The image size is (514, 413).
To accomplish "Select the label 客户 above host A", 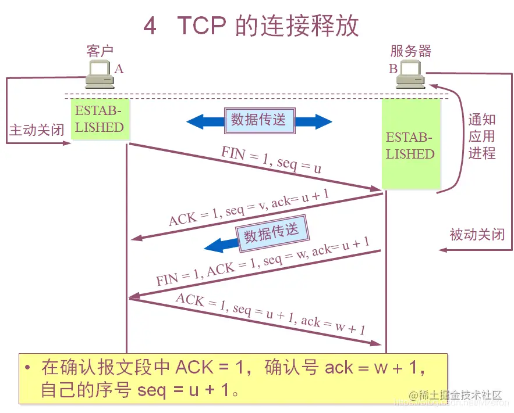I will (x=100, y=51).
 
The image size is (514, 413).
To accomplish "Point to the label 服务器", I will (x=411, y=51).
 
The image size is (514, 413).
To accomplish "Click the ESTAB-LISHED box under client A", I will (x=100, y=120).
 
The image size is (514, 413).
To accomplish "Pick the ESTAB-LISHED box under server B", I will (x=410, y=146).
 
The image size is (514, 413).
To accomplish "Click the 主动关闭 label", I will (x=36, y=130).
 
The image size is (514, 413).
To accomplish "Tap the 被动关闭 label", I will (x=477, y=235).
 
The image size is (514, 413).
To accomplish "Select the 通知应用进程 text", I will (x=482, y=137).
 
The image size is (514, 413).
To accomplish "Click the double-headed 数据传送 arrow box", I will (x=259, y=120).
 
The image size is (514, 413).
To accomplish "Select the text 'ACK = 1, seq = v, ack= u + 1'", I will (x=249, y=207).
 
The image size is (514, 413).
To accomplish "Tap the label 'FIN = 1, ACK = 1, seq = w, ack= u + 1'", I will (x=262, y=262).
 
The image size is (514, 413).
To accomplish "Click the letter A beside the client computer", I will (x=119, y=69).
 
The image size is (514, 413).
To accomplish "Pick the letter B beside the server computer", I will (x=394, y=69).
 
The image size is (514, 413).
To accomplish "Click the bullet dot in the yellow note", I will (x=27, y=368).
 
